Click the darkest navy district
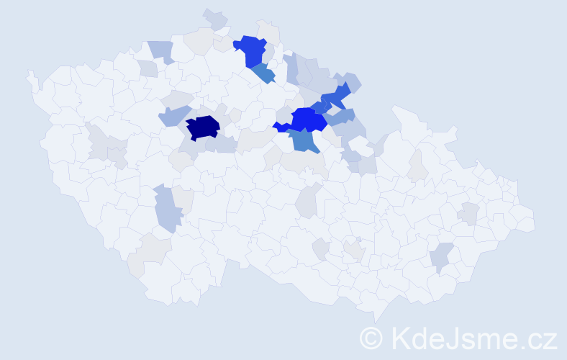[202, 127]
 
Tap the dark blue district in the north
[251, 50]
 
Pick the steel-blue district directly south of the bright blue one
[305, 140]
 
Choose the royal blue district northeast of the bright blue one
[335, 96]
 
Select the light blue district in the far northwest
[162, 50]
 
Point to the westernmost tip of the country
[29, 73]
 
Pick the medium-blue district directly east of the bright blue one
[343, 116]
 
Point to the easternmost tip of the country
[535, 220]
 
